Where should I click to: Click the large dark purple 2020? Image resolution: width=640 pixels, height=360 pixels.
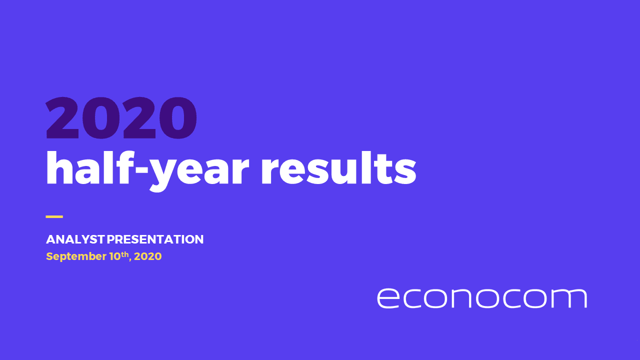[x=121, y=118]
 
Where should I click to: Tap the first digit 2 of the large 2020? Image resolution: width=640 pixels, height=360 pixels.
[x=63, y=118]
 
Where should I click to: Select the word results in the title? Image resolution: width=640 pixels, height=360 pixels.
[x=339, y=169]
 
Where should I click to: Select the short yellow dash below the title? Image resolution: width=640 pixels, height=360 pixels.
[x=54, y=216]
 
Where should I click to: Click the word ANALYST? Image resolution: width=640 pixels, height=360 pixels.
[x=75, y=239]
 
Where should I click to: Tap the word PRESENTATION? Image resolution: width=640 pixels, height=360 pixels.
[x=155, y=239]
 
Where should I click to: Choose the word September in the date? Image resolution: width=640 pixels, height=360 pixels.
[x=75, y=257]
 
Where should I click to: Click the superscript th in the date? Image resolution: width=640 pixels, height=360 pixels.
[x=125, y=254]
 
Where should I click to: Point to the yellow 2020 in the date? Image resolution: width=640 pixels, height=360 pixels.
[x=148, y=256]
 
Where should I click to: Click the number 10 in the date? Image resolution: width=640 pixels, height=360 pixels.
[x=114, y=256]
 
